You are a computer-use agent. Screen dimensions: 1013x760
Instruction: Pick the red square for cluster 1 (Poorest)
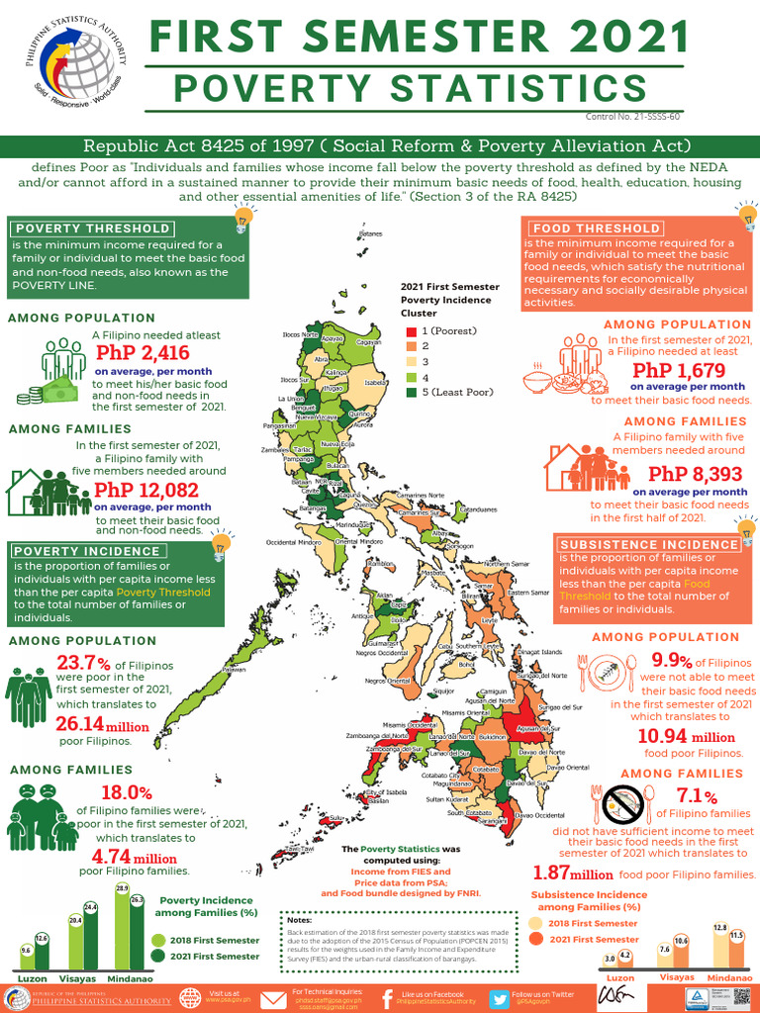point(411,330)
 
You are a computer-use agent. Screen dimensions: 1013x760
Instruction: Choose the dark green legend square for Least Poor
point(411,392)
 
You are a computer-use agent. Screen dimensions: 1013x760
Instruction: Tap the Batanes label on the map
point(372,234)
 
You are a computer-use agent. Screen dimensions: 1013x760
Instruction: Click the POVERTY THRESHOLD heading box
point(92,229)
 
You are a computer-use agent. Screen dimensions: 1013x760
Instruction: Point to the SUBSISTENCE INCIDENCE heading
point(649,544)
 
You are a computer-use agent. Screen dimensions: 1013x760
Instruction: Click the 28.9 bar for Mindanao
point(123,930)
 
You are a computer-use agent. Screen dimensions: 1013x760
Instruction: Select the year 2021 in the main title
point(622,40)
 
